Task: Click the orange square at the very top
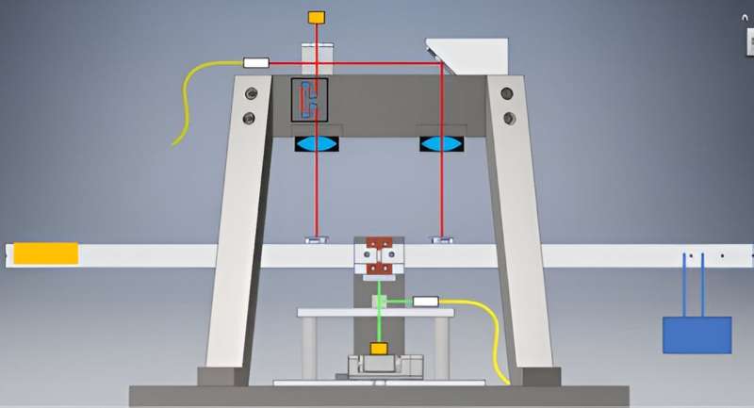click(x=317, y=17)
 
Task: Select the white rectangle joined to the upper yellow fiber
click(x=255, y=62)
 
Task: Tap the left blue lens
click(x=317, y=144)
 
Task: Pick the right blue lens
click(x=440, y=144)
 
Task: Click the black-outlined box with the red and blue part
click(x=309, y=100)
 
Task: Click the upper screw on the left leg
click(x=250, y=93)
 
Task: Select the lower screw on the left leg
click(x=249, y=119)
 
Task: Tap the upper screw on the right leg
click(x=507, y=93)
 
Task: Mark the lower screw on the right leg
click(x=509, y=119)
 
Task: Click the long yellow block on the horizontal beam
click(x=45, y=253)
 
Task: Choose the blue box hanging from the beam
click(x=697, y=335)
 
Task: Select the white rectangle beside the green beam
click(x=426, y=302)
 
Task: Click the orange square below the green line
click(x=379, y=349)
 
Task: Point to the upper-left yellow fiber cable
click(x=193, y=94)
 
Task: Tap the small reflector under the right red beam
click(x=440, y=239)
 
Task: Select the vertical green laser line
click(x=379, y=320)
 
